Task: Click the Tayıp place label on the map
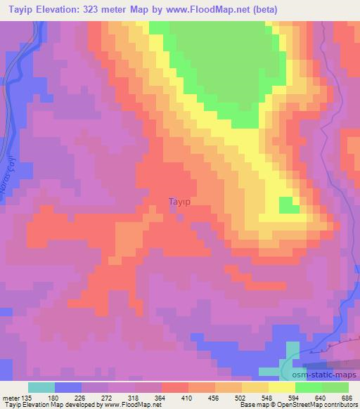(180, 202)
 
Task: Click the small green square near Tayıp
(287, 204)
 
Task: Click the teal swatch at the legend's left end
(41, 387)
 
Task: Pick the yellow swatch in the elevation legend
(282, 387)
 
